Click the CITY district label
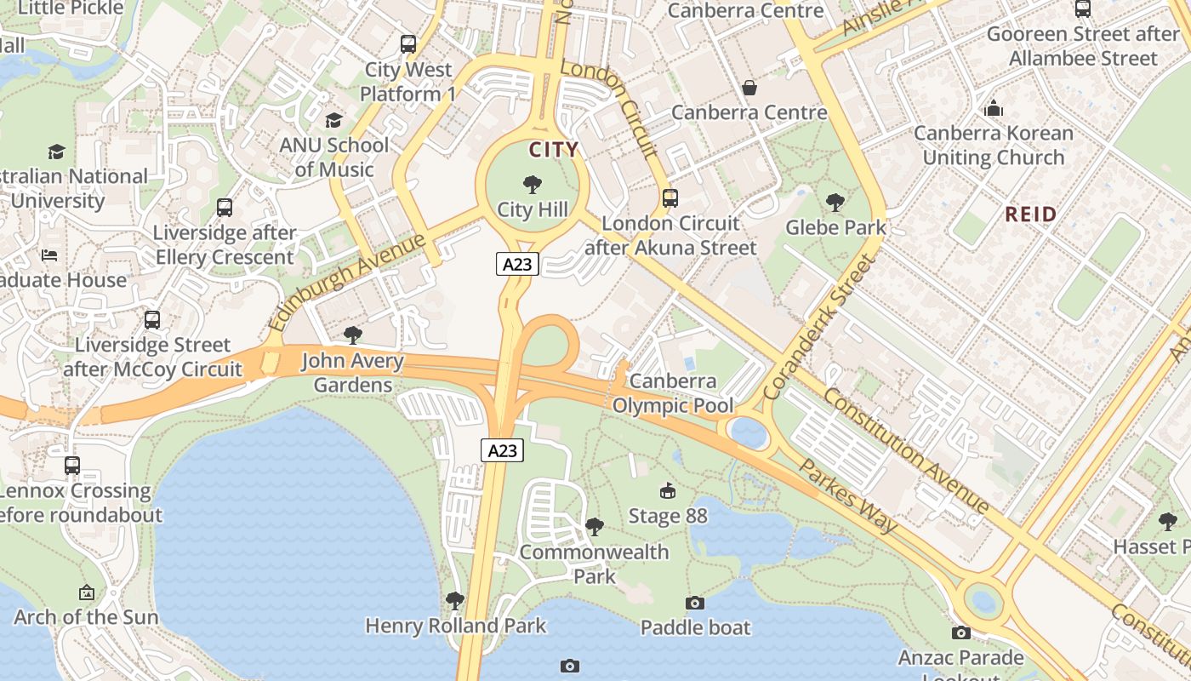click(554, 150)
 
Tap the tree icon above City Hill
click(533, 184)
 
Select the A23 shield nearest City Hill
click(517, 264)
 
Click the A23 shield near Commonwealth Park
click(502, 450)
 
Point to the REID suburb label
click(1030, 214)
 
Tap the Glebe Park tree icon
click(835, 202)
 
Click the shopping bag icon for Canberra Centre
click(749, 87)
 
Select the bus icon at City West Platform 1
click(408, 43)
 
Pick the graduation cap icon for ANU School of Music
click(333, 120)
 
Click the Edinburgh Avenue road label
click(346, 283)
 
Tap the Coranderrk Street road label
click(818, 328)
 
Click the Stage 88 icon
click(668, 490)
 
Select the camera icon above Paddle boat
click(695, 603)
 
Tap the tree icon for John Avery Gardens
click(352, 335)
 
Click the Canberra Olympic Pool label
click(673, 393)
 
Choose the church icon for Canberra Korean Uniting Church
click(993, 108)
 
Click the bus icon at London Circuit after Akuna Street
click(670, 198)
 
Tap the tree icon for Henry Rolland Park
click(455, 601)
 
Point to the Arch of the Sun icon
click(86, 592)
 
